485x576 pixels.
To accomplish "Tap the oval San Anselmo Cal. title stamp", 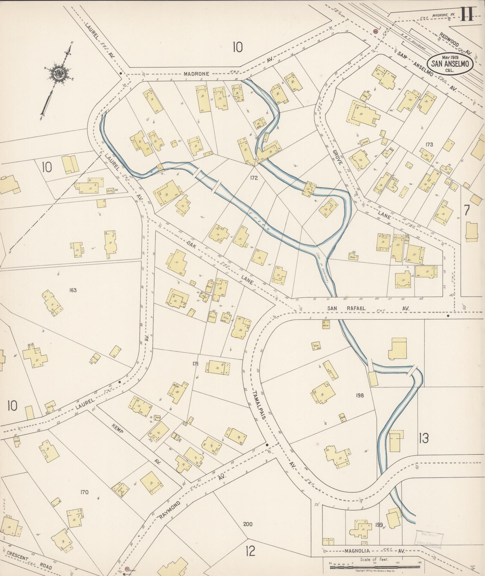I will click(450, 64).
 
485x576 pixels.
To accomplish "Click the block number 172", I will click(254, 178).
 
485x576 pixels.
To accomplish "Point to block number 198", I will click(359, 395).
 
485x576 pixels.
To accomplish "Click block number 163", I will click(72, 290).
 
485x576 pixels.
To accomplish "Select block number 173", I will click(429, 145).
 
